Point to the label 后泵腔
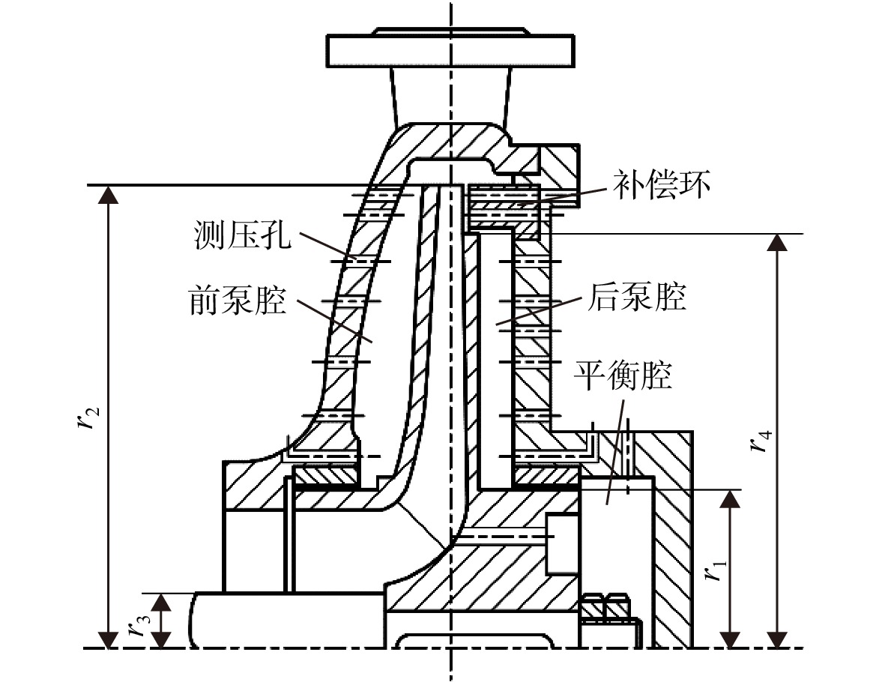tap(636, 296)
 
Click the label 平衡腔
tap(623, 375)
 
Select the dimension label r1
tap(713, 569)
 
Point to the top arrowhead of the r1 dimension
tap(731, 498)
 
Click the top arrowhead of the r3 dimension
tap(161, 602)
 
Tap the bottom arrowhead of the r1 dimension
tap(731, 640)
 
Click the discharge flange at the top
tap(450, 49)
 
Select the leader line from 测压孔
tap(327, 246)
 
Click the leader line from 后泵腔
tap(539, 311)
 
